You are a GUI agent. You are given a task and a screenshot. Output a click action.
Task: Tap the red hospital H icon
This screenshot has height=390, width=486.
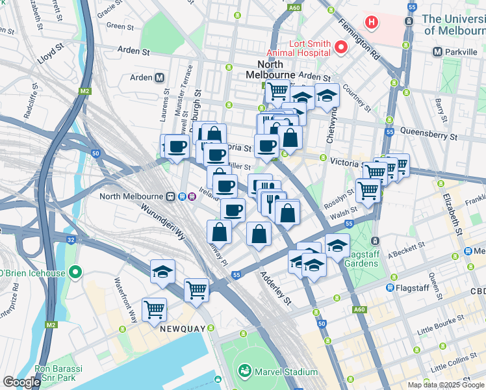[372, 23]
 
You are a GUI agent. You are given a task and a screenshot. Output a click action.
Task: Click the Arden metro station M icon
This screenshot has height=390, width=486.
[159, 78]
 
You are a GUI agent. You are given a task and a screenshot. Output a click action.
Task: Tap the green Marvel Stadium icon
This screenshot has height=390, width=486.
[245, 372]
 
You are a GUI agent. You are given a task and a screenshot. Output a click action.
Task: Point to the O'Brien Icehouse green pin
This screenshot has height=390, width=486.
[75, 273]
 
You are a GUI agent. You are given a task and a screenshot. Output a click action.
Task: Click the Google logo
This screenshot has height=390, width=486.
[21, 382]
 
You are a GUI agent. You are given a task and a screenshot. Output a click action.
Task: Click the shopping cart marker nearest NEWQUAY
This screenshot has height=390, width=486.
[154, 310]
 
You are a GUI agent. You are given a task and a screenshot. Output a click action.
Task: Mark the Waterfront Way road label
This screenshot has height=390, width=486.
[125, 300]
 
